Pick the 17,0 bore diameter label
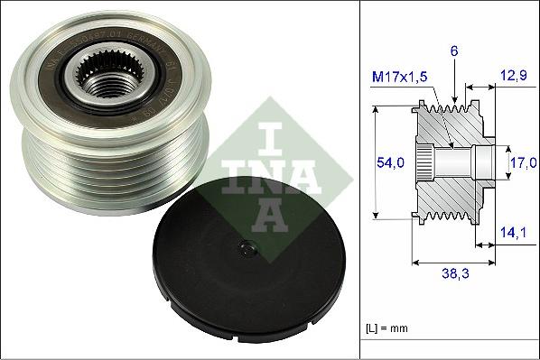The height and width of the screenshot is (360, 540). (521, 163)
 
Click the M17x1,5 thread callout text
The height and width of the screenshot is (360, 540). (401, 78)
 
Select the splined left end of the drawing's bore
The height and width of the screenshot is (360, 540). (432, 163)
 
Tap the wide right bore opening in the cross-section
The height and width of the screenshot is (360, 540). (484, 163)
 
